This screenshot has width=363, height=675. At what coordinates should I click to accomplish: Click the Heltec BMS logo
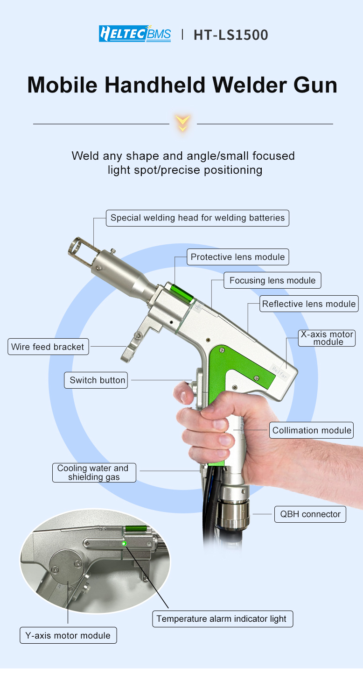point(134,34)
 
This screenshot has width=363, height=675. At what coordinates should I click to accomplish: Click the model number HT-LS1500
point(230,35)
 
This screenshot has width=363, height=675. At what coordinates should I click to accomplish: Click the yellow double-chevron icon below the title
point(182,123)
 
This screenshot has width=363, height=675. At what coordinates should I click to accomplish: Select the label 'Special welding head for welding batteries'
point(197,218)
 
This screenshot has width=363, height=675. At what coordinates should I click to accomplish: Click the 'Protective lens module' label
point(237,257)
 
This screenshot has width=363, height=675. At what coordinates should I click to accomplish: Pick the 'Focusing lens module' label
point(272,281)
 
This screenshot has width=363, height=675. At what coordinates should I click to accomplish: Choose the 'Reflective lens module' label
point(309,304)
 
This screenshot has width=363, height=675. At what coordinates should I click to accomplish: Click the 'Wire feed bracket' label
point(48,347)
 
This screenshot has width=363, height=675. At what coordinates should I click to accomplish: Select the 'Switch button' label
point(97,380)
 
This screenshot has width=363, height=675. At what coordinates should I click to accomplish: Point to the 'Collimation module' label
point(312,430)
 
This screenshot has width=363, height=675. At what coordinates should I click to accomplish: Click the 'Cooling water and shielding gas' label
point(93,473)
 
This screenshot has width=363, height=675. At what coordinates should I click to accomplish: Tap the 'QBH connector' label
point(310,514)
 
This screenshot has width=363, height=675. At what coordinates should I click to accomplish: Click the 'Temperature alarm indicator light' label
point(222,619)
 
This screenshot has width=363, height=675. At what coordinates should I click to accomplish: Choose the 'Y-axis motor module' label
point(68,636)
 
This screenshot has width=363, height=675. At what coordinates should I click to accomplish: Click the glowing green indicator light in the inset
point(124,543)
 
